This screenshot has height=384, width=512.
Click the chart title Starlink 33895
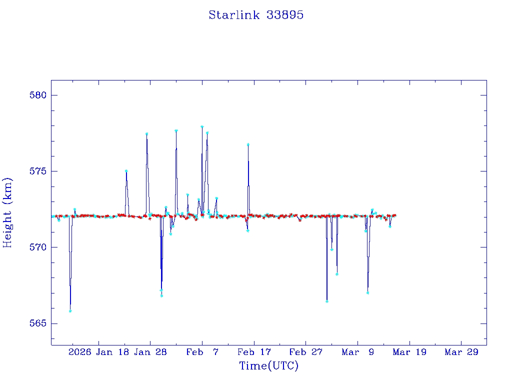pos(256,15)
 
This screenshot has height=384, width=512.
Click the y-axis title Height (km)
pos(7,212)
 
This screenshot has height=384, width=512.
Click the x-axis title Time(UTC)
pos(268,366)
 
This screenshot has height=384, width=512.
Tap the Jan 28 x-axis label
pos(150,352)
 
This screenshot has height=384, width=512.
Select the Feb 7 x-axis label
pos(202,352)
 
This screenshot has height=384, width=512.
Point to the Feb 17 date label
pos(254,352)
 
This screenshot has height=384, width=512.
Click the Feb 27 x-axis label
pos(306,352)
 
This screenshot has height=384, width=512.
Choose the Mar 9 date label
pos(357,352)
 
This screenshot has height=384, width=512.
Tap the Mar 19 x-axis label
pos(409,352)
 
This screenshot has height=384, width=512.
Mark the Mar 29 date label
pos(461,352)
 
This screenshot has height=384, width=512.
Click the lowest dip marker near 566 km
pos(70,311)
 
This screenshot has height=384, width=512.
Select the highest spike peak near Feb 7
pos(202,127)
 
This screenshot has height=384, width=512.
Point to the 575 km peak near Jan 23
pos(126,171)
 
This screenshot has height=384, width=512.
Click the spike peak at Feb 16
pos(248,144)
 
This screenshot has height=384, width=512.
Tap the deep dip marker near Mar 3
pos(326,301)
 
